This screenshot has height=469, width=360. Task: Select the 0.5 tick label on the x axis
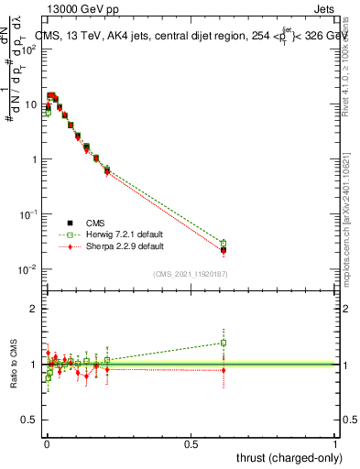tap(191, 442)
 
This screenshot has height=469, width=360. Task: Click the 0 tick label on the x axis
tap(46, 442)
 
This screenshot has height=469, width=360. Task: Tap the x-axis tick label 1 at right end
tap(335, 442)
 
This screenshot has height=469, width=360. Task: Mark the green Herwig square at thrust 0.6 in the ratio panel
tap(224, 344)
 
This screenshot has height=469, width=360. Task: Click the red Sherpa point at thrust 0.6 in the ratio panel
tap(224, 370)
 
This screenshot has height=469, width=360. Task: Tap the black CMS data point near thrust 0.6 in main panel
tap(224, 249)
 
